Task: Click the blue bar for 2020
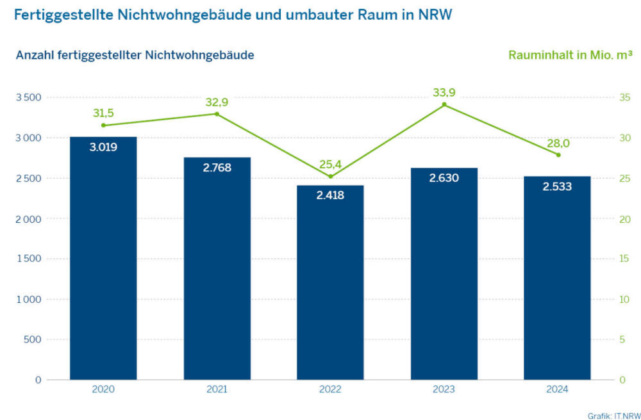point(103,269)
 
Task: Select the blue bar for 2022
point(331,288)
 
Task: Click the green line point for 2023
point(444,104)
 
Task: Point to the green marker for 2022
point(331,176)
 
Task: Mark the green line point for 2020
point(103,125)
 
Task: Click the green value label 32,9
point(217,101)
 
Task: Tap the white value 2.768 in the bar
point(217,168)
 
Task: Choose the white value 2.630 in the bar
point(444,178)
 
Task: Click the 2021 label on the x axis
point(217,389)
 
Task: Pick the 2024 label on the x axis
point(558,389)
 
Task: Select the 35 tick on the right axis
point(606,97)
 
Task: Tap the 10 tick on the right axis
point(606,299)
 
